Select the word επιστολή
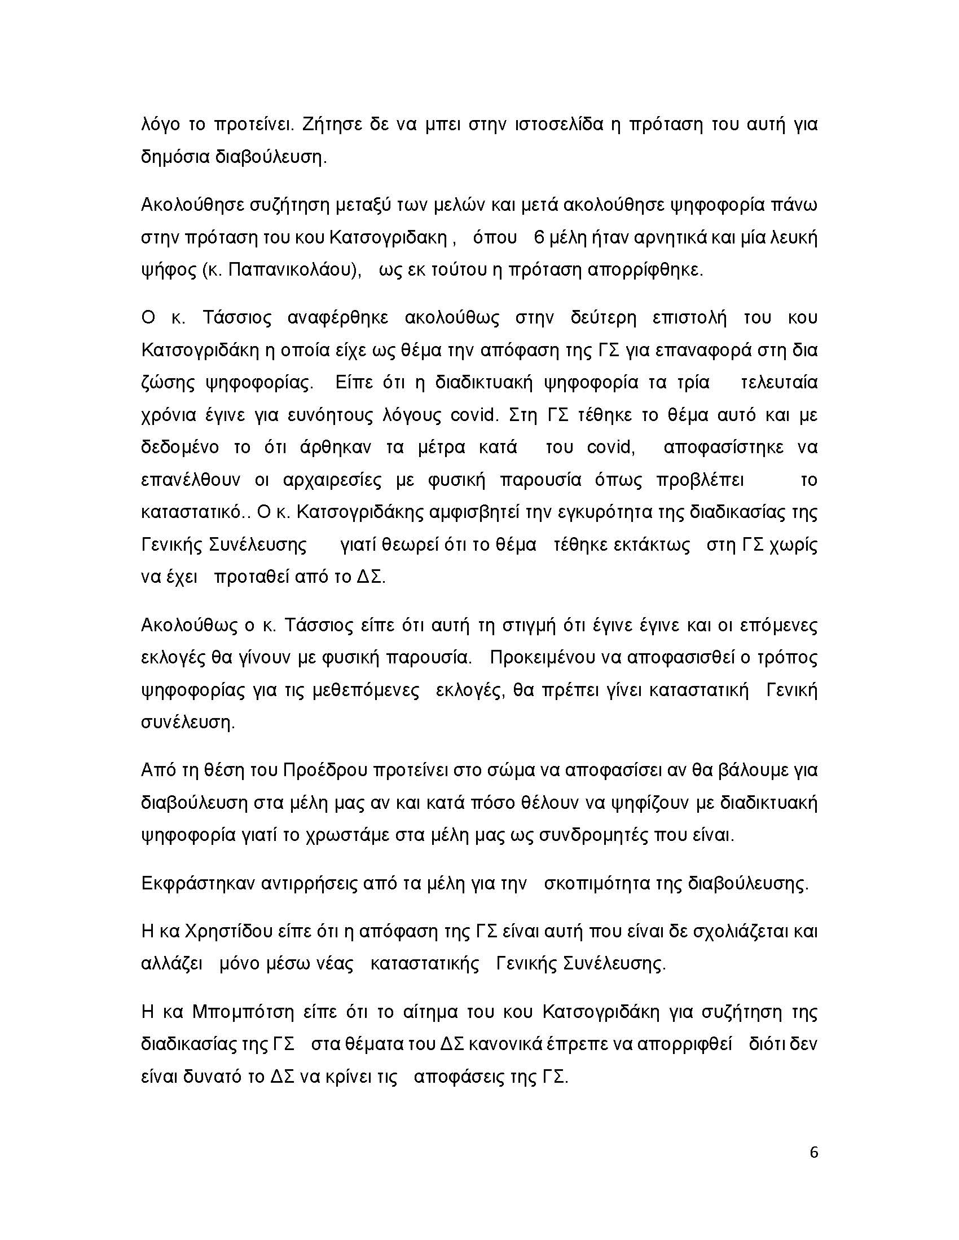[690, 318]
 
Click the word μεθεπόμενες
[367, 690]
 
